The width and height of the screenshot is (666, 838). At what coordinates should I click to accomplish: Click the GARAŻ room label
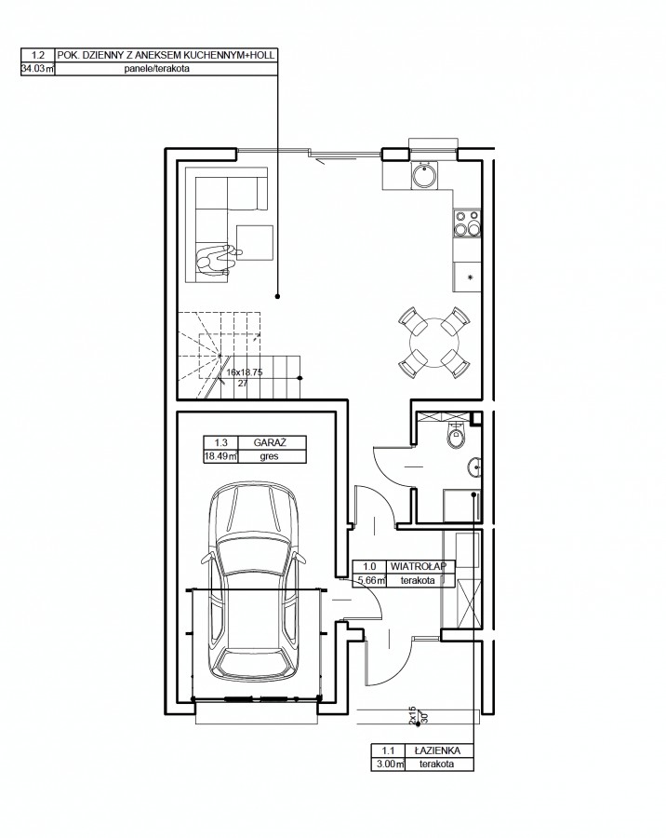pyautogui.click(x=270, y=442)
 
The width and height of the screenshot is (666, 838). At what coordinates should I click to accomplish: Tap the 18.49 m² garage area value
pyautogui.click(x=220, y=456)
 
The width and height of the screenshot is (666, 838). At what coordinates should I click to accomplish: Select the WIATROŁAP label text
pyautogui.click(x=422, y=566)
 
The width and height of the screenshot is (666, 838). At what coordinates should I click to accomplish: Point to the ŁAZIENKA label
pyautogui.click(x=440, y=750)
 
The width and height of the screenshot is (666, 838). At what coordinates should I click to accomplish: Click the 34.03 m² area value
pyautogui.click(x=37, y=68)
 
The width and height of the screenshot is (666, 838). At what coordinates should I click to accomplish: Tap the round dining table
pyautogui.click(x=434, y=342)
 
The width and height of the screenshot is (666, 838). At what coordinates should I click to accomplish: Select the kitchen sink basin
pyautogui.click(x=424, y=175)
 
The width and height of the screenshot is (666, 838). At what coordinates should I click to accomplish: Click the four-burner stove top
pyautogui.click(x=467, y=223)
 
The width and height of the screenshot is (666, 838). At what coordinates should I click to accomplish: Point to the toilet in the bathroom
pyautogui.click(x=456, y=436)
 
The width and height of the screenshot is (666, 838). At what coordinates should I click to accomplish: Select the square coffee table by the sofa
pyautogui.click(x=255, y=243)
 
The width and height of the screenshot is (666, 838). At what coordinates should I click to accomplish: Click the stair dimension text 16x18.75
pyautogui.click(x=245, y=372)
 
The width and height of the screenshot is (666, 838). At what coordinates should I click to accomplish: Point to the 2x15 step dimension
pyautogui.click(x=412, y=716)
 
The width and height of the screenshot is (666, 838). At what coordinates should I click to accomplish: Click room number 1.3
pyautogui.click(x=220, y=442)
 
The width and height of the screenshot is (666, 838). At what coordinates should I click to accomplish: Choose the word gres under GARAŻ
pyautogui.click(x=270, y=456)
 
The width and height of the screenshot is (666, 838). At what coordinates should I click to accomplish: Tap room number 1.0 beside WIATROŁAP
pyautogui.click(x=369, y=566)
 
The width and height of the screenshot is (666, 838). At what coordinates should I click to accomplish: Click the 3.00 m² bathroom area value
pyautogui.click(x=388, y=764)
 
